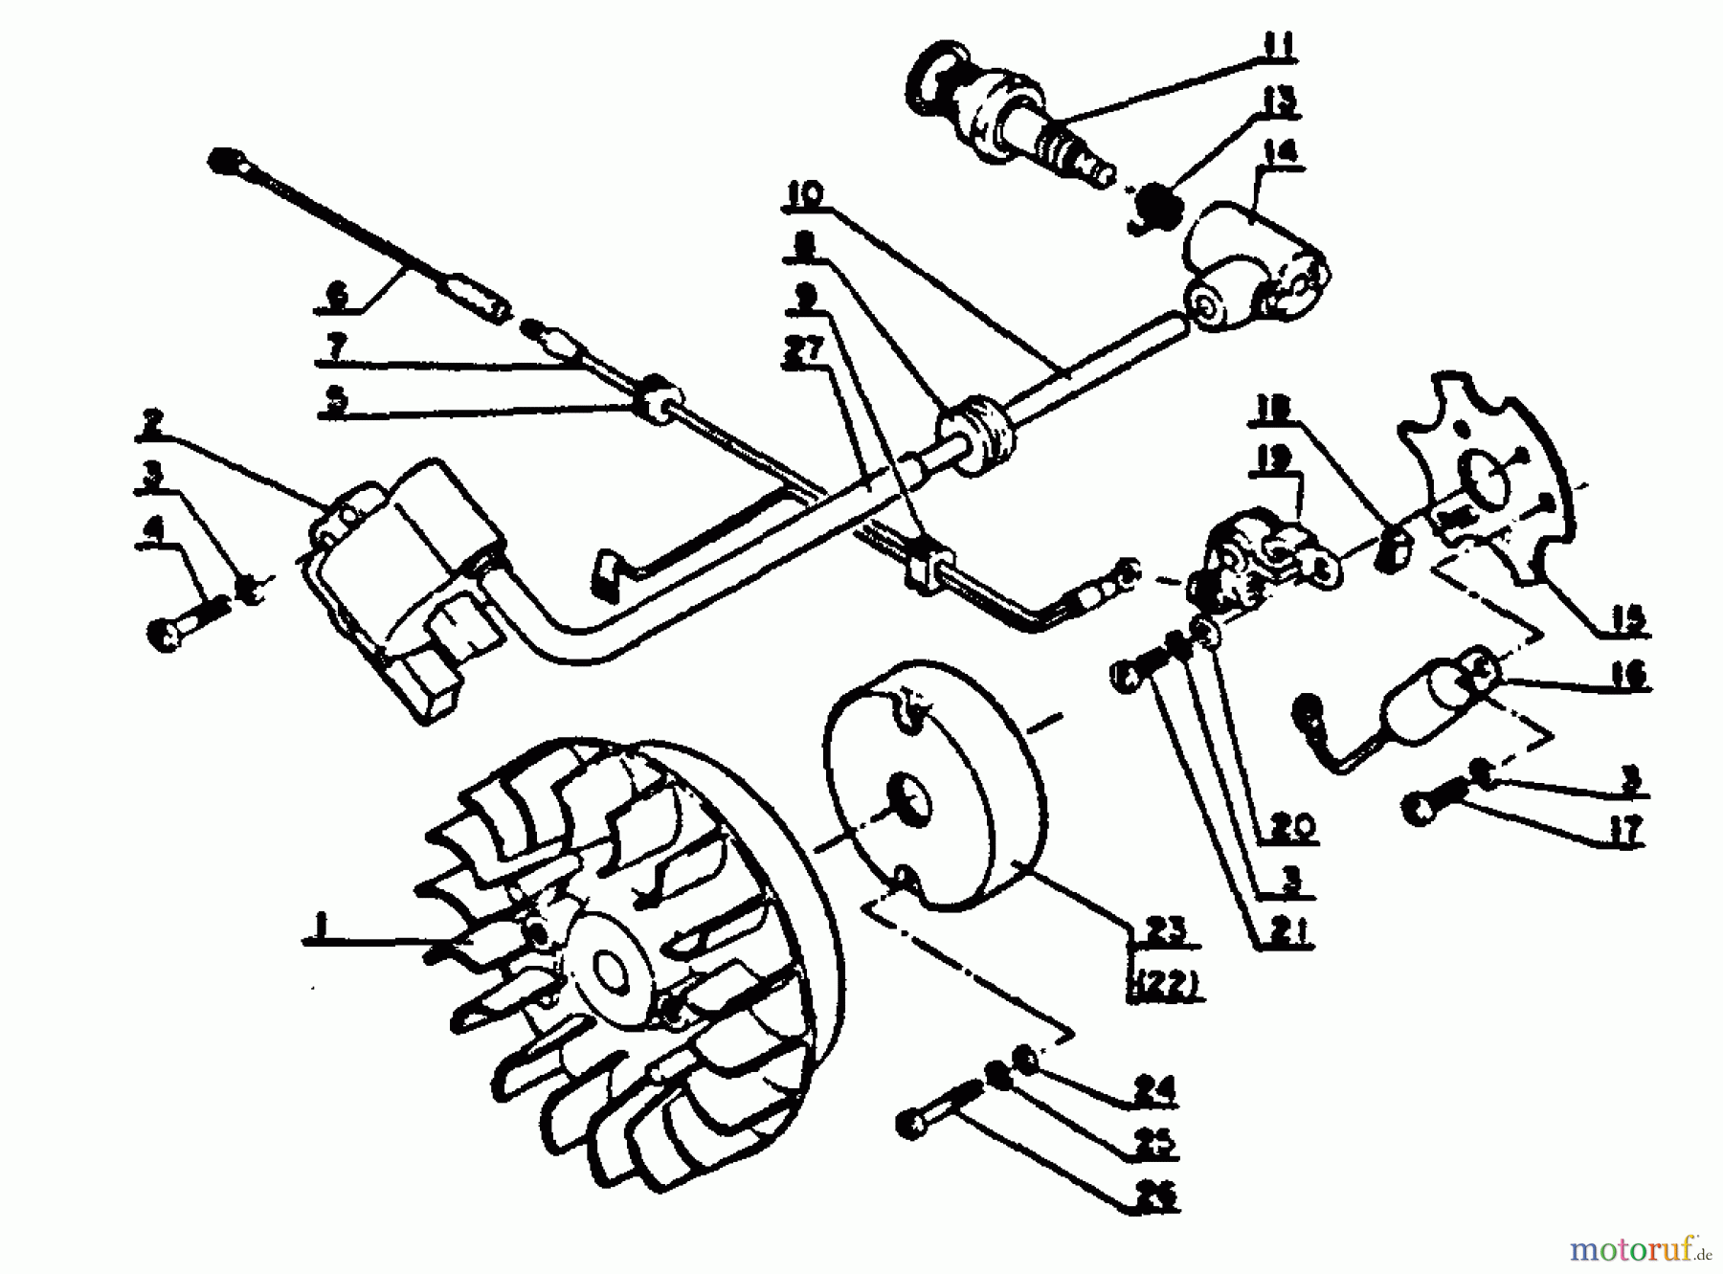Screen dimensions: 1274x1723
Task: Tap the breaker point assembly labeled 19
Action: [x=1254, y=565]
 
